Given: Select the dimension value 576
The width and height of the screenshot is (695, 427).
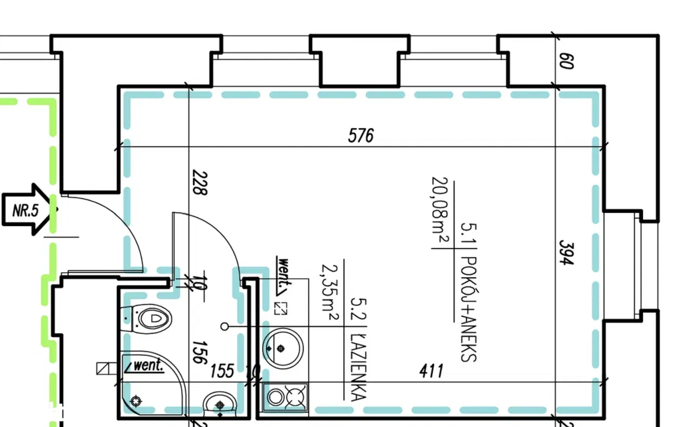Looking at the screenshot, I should click(x=361, y=135).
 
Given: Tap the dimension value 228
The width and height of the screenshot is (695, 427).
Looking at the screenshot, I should click(x=200, y=184).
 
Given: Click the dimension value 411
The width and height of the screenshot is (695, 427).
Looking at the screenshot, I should click(x=432, y=372).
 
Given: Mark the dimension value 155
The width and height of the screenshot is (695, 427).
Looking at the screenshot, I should click(x=222, y=372).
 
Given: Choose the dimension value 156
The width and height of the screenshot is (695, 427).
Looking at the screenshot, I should click(x=200, y=352).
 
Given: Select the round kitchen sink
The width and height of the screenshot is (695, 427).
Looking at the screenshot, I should click(x=282, y=347).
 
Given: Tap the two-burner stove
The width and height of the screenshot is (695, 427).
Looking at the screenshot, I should click(x=286, y=397).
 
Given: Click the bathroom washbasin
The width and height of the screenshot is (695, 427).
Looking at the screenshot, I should click(x=220, y=404).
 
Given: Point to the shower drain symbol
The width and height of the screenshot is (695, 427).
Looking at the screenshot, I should click(x=136, y=401).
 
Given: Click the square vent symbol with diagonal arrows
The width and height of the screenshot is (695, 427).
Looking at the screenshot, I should click(x=281, y=309).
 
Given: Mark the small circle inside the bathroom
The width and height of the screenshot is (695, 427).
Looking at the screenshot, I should click(x=225, y=326).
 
